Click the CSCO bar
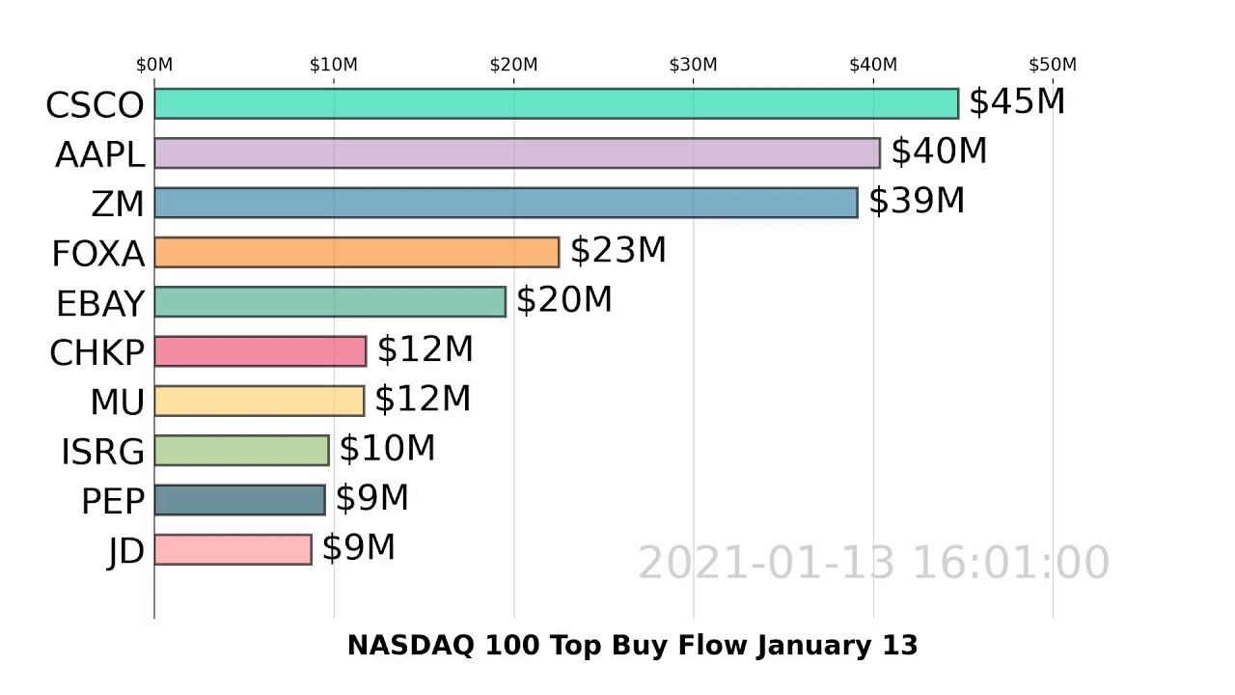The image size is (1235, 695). click(556, 104)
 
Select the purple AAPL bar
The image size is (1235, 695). click(516, 153)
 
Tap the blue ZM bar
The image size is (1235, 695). click(506, 203)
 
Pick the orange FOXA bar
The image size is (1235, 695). click(356, 252)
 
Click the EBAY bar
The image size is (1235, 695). click(329, 302)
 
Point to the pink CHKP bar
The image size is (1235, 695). click(260, 351)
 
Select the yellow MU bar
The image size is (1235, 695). click(259, 401)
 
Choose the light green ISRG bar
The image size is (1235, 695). click(241, 451)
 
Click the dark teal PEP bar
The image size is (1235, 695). click(239, 500)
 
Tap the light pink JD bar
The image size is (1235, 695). click(233, 549)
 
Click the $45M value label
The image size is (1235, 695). click(1016, 101)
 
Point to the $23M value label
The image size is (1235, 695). click(617, 250)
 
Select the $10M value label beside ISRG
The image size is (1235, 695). click(387, 449)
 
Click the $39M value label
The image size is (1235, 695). click(916, 201)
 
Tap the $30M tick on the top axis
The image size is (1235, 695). click(693, 65)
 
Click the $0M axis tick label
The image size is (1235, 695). click(154, 65)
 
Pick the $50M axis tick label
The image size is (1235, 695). click(1052, 65)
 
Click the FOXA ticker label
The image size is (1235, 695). click(97, 254)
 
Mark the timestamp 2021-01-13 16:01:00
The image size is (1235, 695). click(873, 563)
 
